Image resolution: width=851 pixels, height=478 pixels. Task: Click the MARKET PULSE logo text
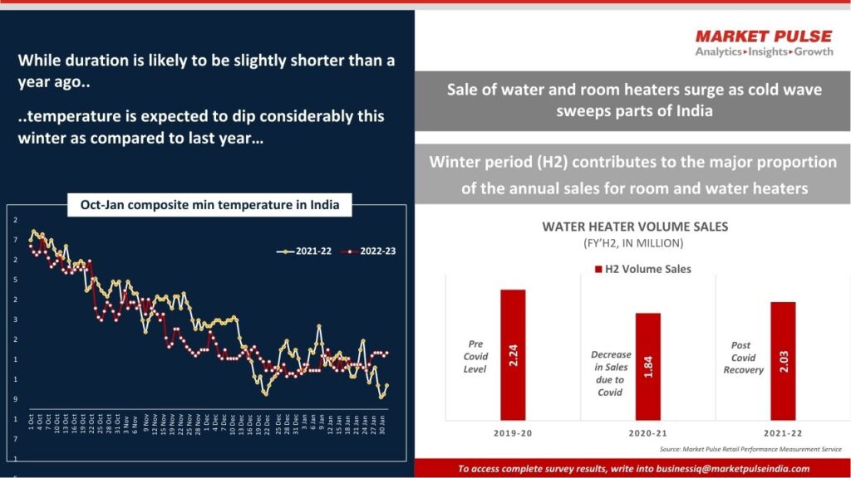(x=763, y=36)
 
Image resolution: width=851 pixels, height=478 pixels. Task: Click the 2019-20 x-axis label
(x=513, y=432)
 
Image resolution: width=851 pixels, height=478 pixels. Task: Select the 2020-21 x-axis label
(x=647, y=432)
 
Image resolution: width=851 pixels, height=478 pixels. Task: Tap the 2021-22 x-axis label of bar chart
(x=783, y=432)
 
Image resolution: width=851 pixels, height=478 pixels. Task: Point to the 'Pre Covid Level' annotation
(x=475, y=356)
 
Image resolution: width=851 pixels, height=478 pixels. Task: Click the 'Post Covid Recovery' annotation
(x=743, y=358)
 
